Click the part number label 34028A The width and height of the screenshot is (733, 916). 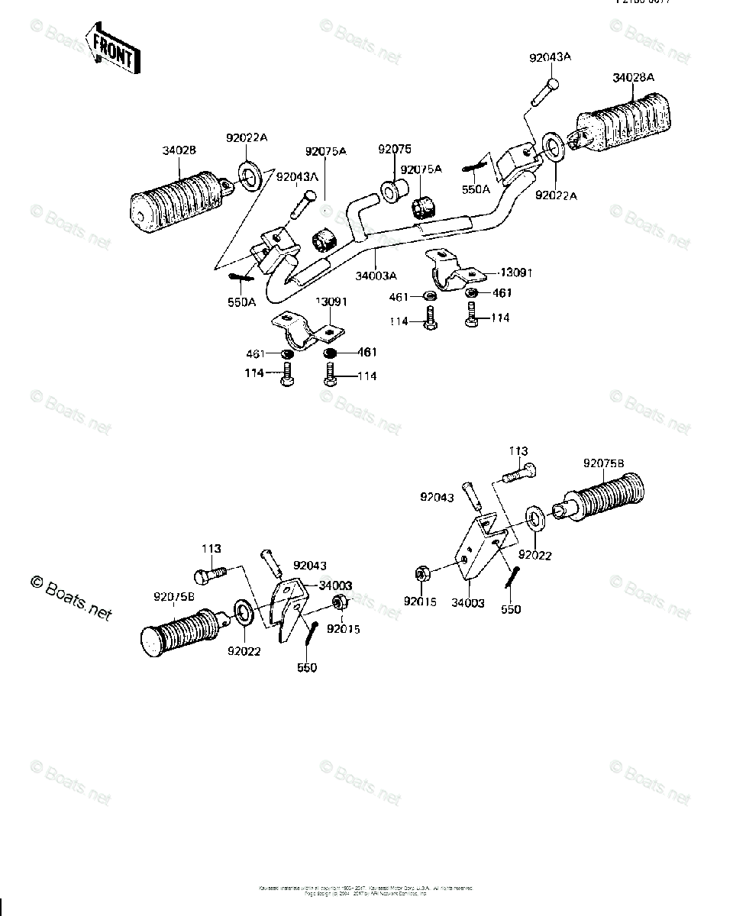[633, 78]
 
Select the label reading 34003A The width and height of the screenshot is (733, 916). [376, 275]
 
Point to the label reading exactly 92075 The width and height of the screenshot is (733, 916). [394, 149]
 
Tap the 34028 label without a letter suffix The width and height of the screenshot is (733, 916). [179, 150]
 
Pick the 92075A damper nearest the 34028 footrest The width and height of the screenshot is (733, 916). [325, 239]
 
